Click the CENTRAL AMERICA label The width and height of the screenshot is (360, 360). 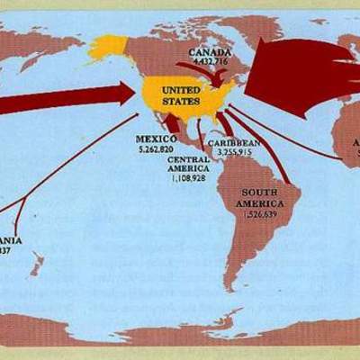pyautogui.click(x=188, y=163)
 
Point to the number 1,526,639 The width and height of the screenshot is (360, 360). pyautogui.click(x=266, y=216)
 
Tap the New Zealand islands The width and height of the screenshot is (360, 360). pyautogui.click(x=37, y=265)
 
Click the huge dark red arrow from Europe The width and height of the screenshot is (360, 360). pyautogui.click(x=297, y=76)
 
